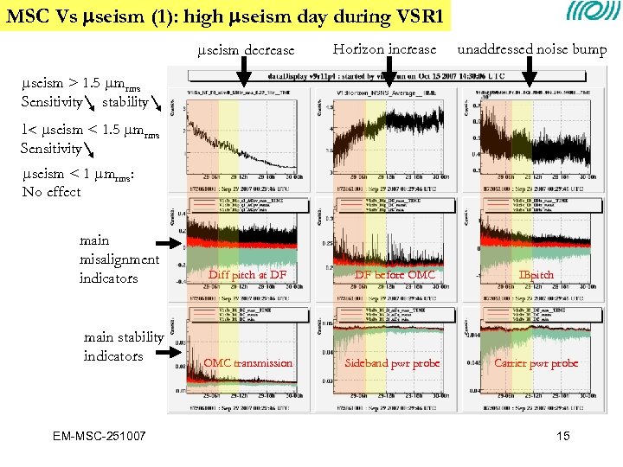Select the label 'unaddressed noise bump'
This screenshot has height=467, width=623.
pos(531,50)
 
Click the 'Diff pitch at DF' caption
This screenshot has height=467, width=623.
pos(247,275)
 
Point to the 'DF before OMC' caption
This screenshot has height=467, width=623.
pos(395,275)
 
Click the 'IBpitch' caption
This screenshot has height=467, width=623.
pos(536,275)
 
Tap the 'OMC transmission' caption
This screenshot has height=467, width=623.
pos(247,363)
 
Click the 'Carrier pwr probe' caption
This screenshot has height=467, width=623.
pos(536,363)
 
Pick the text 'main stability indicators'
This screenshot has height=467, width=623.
pos(124,347)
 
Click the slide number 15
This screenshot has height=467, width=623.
pos(563,436)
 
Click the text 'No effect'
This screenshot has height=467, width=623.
pos(51,191)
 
